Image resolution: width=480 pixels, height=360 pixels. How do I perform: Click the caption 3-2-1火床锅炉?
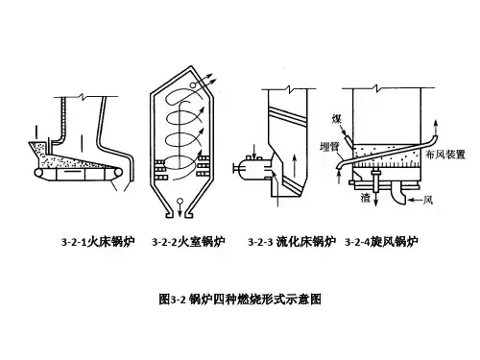click(x=98, y=241)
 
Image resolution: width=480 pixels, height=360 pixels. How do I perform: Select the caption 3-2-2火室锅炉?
click(x=188, y=241)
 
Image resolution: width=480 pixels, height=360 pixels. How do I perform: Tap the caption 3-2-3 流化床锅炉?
click(x=292, y=241)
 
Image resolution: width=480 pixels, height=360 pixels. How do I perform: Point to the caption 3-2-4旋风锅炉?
click(x=381, y=241)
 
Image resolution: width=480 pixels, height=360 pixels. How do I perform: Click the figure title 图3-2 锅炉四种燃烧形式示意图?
click(x=240, y=299)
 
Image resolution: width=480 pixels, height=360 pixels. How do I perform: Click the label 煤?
click(x=337, y=119)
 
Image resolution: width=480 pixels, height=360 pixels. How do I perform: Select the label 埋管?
click(x=329, y=147)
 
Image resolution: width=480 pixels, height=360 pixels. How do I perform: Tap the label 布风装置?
click(x=445, y=155)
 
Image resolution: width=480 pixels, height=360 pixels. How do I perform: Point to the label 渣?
click(x=366, y=198)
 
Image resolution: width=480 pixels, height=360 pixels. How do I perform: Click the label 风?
click(x=428, y=200)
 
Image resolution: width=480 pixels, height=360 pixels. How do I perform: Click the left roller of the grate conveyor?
click(x=39, y=173)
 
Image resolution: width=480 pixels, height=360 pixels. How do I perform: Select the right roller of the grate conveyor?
click(x=118, y=173)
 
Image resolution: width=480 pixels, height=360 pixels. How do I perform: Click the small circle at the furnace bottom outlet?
click(x=180, y=202)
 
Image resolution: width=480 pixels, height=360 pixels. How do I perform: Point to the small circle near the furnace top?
click(x=193, y=85)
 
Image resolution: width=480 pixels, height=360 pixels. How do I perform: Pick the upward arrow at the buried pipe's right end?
click(x=436, y=128)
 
